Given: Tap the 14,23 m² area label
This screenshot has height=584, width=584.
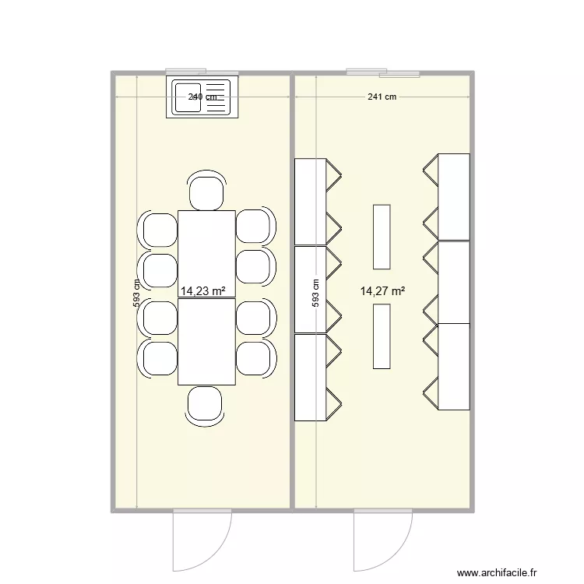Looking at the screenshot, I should [x=203, y=291].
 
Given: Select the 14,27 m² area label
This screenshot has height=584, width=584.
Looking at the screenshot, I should [x=382, y=291].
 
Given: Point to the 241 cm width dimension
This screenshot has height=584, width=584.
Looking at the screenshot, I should [x=382, y=97].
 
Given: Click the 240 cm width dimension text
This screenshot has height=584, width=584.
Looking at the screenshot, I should [x=203, y=97].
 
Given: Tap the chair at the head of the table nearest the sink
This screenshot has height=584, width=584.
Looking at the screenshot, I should [x=206, y=192].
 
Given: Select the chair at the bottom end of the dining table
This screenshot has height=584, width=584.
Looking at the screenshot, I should [x=206, y=405].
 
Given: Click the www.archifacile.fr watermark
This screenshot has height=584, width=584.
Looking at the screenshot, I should [x=498, y=573].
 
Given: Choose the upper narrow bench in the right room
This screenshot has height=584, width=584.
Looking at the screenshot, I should [x=382, y=235].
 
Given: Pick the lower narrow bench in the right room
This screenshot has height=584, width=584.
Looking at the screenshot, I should [x=382, y=336].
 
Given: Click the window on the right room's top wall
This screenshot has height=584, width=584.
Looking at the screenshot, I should [x=383, y=73].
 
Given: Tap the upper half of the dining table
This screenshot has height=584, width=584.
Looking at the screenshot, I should [x=206, y=254].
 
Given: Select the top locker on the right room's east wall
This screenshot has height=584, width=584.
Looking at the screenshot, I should [x=454, y=196].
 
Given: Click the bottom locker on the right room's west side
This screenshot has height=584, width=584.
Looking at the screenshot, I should [x=310, y=378].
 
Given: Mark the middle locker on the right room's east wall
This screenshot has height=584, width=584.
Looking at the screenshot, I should [x=454, y=282].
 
